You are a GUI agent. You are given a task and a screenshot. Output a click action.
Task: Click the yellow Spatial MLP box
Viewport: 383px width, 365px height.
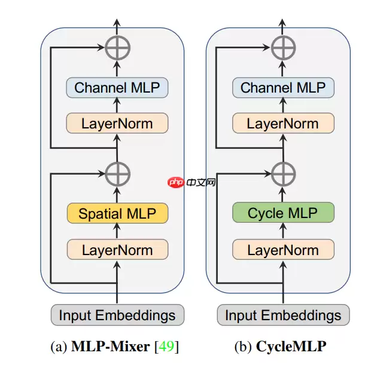coord(117,213)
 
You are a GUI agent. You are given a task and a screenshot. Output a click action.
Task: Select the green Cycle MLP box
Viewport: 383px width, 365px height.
coord(283,213)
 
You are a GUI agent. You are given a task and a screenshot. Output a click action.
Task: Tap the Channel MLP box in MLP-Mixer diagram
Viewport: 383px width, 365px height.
coord(117,88)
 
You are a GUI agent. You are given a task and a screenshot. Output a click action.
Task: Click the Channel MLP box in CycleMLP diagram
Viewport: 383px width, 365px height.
coord(283,88)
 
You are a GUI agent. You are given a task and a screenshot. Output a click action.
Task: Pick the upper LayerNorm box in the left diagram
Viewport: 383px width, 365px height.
coord(117,124)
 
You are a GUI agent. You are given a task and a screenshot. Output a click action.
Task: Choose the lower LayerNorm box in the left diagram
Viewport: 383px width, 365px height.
coord(117,250)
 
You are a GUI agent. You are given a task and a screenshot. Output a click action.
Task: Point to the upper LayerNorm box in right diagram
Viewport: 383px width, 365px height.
coord(283,124)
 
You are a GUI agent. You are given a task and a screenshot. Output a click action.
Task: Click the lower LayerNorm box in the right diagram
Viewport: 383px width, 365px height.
coord(283,250)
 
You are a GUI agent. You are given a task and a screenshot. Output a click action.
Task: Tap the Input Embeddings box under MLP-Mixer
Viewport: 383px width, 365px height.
coord(117,315)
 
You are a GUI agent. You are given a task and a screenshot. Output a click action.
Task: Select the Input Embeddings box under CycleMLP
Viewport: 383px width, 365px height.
coord(283,315)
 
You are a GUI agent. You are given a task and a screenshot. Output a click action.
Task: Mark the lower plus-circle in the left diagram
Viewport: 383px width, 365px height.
coord(117,174)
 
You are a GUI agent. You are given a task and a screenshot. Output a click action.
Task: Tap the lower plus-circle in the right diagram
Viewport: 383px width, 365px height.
coord(283,174)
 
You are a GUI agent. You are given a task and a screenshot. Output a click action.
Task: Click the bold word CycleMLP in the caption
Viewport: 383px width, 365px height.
coord(291,346)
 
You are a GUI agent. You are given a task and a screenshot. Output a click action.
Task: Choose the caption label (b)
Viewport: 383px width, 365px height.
coord(244,346)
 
